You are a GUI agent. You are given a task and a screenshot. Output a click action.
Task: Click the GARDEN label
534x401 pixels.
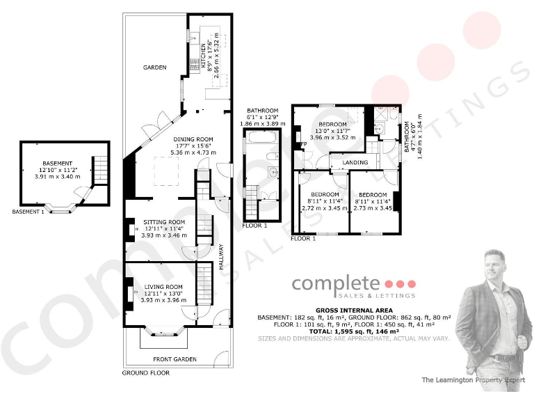coord(154,68)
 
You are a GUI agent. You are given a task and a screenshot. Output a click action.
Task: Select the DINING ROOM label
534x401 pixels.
coord(193,139)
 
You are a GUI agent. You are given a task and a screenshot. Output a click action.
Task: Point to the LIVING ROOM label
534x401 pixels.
coord(163,286)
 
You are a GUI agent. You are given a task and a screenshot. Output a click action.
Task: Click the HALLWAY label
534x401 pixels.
coord(222,256)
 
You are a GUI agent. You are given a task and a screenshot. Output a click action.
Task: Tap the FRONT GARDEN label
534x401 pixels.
coord(175,359)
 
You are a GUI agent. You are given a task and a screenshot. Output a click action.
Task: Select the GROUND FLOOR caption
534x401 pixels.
coord(146,372)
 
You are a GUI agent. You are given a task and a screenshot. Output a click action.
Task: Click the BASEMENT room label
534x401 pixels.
coord(56,163)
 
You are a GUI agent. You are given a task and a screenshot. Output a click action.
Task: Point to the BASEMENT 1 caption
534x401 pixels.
coord(28,212)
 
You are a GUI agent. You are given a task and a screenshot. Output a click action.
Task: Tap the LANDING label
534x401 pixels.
coord(355,163)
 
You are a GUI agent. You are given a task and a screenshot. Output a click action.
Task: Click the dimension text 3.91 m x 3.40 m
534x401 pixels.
coord(57,177)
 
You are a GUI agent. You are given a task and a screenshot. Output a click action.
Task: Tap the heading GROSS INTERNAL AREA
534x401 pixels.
coord(354,310)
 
